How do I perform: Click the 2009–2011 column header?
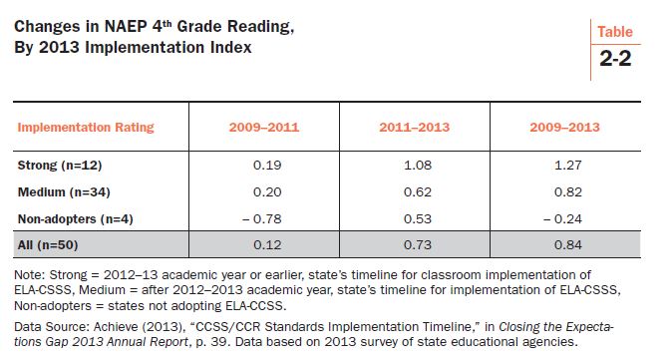264,128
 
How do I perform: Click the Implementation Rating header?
87,128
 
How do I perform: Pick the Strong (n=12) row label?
60,164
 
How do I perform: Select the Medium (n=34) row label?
64,190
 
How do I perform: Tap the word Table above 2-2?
615,32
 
